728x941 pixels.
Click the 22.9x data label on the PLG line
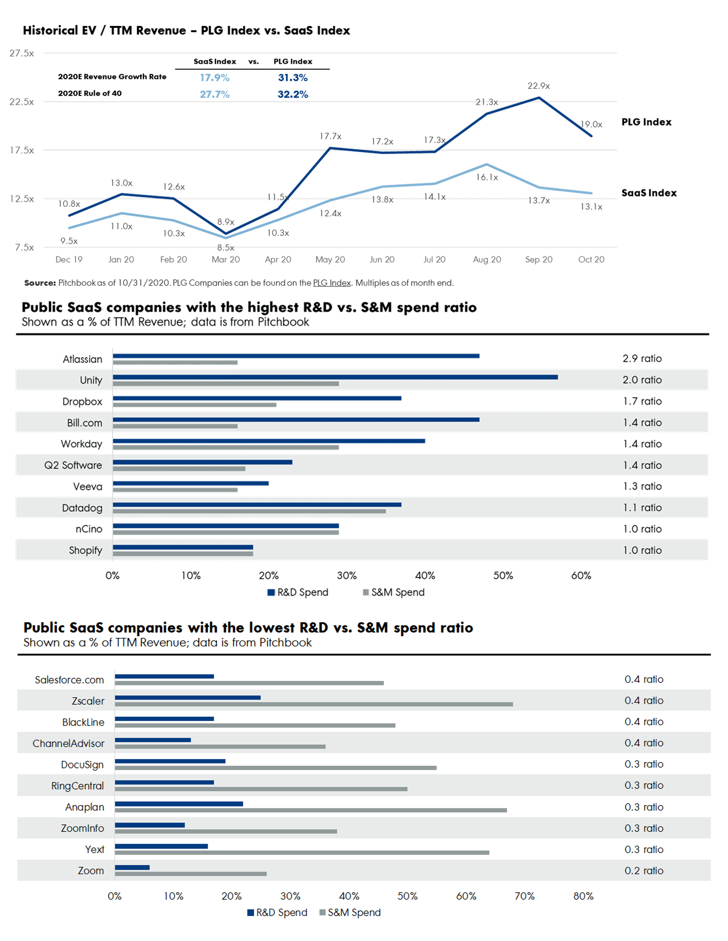[x=538, y=86]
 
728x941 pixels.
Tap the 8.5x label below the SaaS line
[x=226, y=248]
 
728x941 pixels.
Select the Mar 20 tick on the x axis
[x=226, y=259]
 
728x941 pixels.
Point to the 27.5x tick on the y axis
[x=22, y=54]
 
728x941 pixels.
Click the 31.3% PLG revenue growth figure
[x=292, y=78]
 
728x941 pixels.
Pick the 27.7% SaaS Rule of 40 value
[x=214, y=94]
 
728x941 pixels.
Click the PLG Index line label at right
[x=646, y=122]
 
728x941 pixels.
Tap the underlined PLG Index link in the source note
[x=332, y=283]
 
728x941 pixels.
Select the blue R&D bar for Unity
[x=335, y=377]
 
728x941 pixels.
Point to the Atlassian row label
[x=82, y=359]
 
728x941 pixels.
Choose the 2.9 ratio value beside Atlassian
[x=642, y=358]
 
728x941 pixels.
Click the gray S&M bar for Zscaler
[x=314, y=704]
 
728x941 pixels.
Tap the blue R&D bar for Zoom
[x=132, y=867]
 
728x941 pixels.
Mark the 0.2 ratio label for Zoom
[x=643, y=871]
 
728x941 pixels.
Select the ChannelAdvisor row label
[x=68, y=744]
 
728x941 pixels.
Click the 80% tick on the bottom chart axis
[x=583, y=896]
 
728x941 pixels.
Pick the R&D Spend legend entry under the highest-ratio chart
[x=298, y=592]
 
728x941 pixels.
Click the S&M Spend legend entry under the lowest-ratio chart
[x=350, y=913]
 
